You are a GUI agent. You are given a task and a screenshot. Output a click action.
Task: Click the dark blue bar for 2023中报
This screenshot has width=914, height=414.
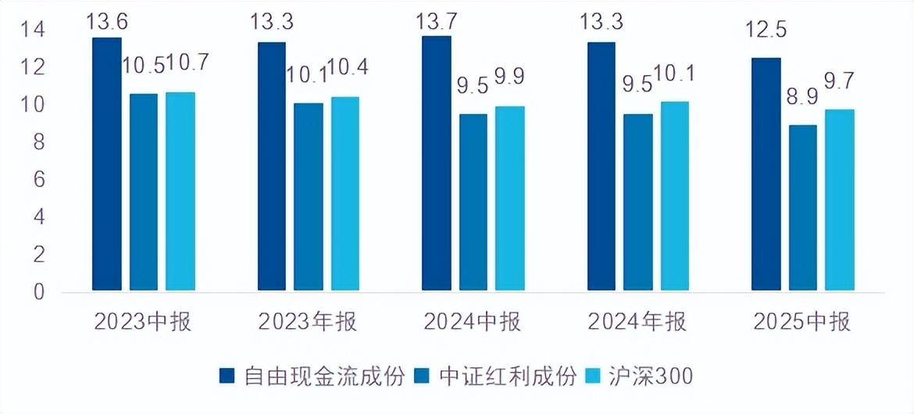[107, 165]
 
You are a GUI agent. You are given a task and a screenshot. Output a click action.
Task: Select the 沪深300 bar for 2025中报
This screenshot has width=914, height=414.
[840, 201]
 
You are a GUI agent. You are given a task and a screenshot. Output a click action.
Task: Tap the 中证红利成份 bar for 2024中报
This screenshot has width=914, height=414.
[473, 203]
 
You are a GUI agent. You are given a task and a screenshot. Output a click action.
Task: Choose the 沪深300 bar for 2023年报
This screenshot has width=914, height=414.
[345, 195]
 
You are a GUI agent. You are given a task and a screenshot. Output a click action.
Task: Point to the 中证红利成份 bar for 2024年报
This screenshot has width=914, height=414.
[638, 203]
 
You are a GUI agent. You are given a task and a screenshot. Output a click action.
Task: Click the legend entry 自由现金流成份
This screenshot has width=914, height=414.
[312, 377]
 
